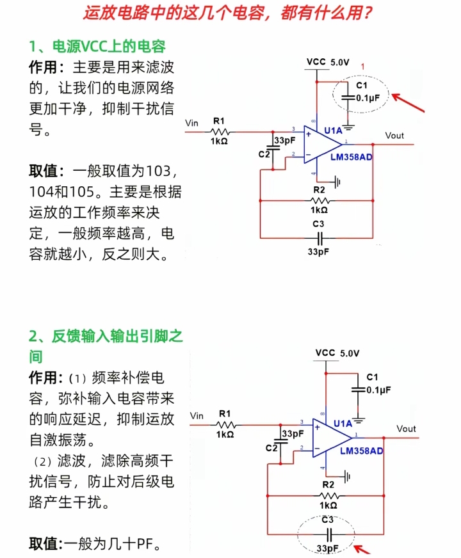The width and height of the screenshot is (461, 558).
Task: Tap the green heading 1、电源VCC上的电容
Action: coord(97,47)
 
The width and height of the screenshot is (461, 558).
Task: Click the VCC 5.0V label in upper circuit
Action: coord(328,62)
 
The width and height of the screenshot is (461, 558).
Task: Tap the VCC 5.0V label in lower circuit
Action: coord(337,353)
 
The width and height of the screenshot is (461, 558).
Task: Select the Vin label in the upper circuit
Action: coord(191,122)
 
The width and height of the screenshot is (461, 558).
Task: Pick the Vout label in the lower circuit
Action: coord(406,429)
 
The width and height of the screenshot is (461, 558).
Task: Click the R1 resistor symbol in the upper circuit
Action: coord(220,131)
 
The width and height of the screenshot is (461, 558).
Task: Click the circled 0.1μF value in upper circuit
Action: coord(368,98)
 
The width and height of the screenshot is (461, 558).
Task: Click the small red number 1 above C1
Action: coord(362,67)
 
